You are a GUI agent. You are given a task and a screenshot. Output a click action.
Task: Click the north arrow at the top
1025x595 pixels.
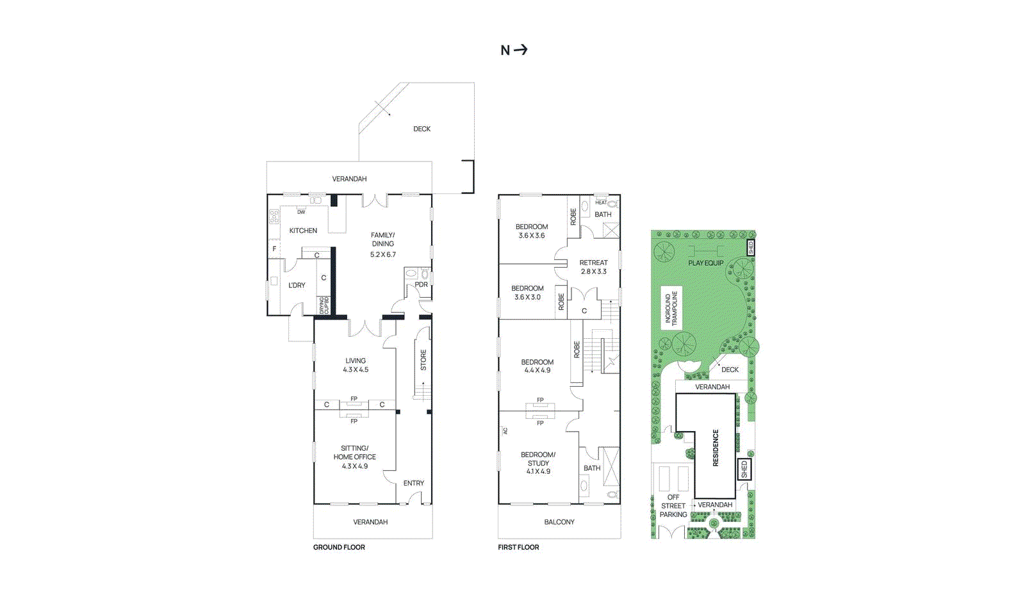pyautogui.click(x=514, y=50)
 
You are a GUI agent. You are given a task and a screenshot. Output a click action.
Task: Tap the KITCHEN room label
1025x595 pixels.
pyautogui.click(x=303, y=231)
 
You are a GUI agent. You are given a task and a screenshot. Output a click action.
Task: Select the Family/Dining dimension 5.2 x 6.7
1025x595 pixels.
pyautogui.click(x=382, y=255)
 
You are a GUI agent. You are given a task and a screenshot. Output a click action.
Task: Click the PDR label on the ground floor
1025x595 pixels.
pyautogui.click(x=421, y=285)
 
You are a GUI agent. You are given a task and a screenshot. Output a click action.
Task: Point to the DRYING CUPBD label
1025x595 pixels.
pyautogui.click(x=324, y=305)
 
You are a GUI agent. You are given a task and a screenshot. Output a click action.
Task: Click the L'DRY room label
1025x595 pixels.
pyautogui.click(x=297, y=285)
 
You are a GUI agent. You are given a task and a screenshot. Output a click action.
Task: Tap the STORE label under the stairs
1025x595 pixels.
pyautogui.click(x=423, y=360)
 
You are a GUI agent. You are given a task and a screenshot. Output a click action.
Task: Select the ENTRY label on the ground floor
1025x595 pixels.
pyautogui.click(x=413, y=484)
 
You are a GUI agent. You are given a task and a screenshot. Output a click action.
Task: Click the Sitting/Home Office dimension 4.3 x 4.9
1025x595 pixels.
pyautogui.click(x=354, y=466)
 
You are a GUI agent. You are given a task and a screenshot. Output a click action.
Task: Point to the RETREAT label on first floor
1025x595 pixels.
pyautogui.click(x=593, y=263)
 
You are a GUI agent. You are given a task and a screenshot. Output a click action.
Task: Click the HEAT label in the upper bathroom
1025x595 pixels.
pyautogui.click(x=601, y=202)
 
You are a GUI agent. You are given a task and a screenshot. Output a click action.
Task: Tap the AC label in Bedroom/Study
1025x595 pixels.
pyautogui.click(x=505, y=431)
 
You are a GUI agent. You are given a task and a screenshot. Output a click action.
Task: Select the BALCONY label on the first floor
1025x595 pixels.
pyautogui.click(x=559, y=522)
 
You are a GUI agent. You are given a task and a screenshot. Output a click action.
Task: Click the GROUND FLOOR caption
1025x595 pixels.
pyautogui.click(x=339, y=548)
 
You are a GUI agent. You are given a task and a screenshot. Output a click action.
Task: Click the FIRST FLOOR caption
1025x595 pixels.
pyautogui.click(x=518, y=548)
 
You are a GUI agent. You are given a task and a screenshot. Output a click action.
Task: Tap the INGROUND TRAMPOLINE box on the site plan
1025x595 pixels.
pyautogui.click(x=671, y=309)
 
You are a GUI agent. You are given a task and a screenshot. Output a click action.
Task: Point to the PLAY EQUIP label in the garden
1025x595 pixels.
pyautogui.click(x=705, y=263)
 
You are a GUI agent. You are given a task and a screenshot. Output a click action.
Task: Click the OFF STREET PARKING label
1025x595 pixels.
pyautogui.click(x=673, y=506)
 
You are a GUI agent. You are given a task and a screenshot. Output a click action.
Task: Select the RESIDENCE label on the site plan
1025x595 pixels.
pyautogui.click(x=716, y=448)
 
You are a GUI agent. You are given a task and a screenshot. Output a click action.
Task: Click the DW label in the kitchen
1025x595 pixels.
pyautogui.click(x=301, y=212)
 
